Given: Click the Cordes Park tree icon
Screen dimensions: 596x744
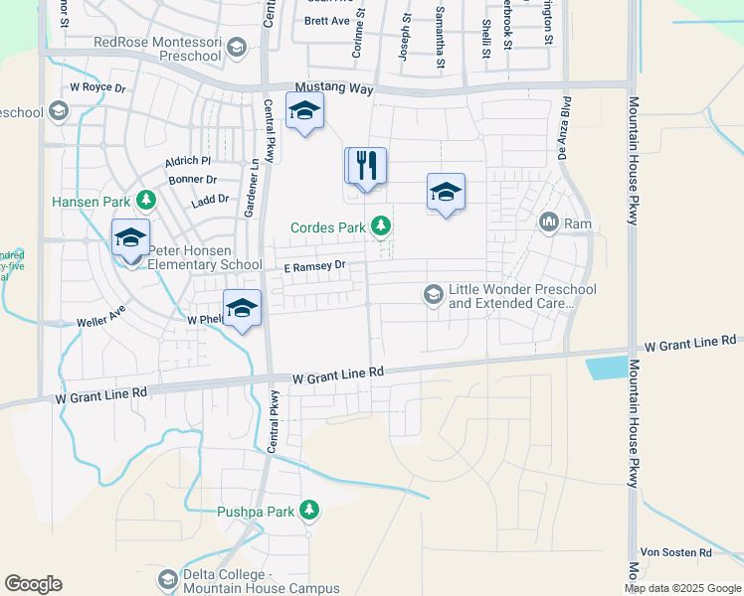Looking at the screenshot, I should tap(380, 227).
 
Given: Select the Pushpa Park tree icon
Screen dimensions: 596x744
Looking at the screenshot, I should tap(309, 512).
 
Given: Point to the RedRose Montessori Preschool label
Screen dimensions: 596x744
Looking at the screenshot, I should tap(157, 49).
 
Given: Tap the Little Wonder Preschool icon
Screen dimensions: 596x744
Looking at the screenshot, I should tap(433, 295).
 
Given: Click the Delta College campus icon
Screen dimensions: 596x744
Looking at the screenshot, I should tap(167, 579).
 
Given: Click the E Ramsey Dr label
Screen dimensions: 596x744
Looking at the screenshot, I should tap(312, 265).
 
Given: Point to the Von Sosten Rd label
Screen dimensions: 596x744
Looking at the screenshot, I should tap(675, 552).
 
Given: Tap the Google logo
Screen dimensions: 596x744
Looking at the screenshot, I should tap(33, 583).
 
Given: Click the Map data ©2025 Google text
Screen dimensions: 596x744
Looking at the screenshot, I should tap(681, 588).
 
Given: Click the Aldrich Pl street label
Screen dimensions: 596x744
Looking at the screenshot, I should tap(190, 160).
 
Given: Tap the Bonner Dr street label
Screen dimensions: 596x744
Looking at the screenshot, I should tap(193, 180).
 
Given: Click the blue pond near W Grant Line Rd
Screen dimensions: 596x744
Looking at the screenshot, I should tap(607, 368).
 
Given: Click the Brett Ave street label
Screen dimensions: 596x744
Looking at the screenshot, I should tap(327, 20).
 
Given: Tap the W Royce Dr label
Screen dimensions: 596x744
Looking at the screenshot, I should tap(97, 87).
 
